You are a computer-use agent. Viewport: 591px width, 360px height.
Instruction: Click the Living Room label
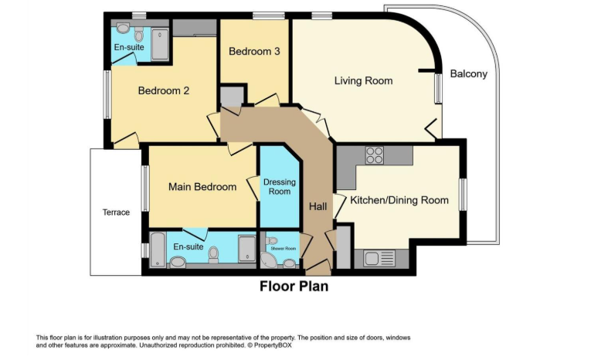tap(363, 81)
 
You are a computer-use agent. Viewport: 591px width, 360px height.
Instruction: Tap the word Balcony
tap(469, 74)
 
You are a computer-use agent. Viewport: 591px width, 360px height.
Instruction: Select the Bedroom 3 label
tap(254, 52)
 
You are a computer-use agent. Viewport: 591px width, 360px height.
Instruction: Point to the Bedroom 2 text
tap(164, 90)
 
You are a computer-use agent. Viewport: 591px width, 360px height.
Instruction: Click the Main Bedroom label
tap(202, 187)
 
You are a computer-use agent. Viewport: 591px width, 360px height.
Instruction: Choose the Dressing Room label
tap(279, 186)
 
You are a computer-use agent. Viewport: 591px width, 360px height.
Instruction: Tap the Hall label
tap(318, 207)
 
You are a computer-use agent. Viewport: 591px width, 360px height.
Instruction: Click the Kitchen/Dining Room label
tap(399, 200)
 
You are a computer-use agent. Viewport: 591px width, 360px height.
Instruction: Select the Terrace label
tap(116, 212)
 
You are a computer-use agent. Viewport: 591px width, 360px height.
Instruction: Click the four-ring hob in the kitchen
tap(375, 155)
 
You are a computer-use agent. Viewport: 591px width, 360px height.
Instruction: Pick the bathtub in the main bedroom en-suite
tap(157, 250)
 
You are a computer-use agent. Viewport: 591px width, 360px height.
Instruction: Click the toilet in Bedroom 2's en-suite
tap(140, 35)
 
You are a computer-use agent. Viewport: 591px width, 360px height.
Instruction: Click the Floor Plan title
tap(294, 287)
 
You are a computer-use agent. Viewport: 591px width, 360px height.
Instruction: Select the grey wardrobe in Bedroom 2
tap(194, 27)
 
